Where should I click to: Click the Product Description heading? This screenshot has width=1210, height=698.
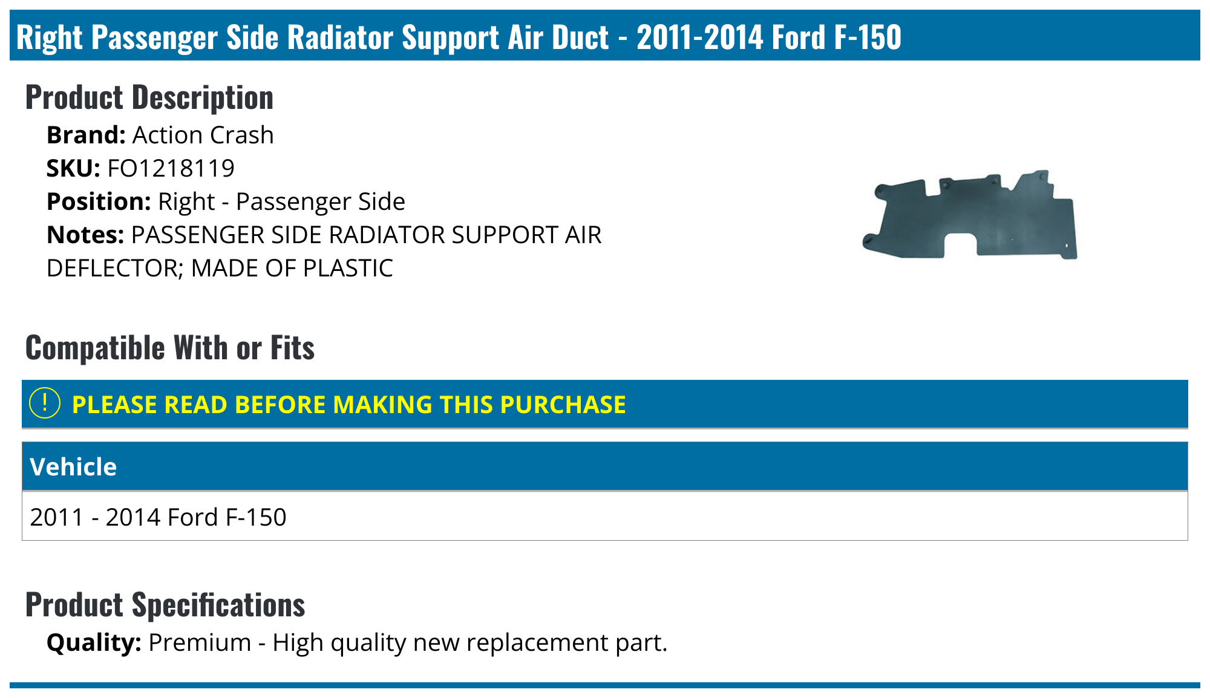click(x=149, y=97)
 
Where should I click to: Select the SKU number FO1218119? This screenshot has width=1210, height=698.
click(x=171, y=168)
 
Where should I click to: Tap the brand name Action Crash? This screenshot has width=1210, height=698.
click(x=203, y=135)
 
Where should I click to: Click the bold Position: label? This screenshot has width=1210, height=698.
click(x=99, y=201)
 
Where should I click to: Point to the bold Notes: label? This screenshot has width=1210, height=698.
click(x=85, y=235)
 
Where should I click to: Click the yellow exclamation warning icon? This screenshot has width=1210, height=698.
click(x=45, y=403)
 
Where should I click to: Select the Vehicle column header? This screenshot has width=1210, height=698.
click(x=73, y=467)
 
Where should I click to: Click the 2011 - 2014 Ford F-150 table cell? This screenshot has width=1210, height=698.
click(x=158, y=517)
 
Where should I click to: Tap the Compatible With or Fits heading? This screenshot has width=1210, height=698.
click(x=170, y=348)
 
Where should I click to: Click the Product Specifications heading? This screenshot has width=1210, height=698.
click(x=165, y=605)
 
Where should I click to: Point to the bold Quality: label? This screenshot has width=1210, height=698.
click(x=94, y=642)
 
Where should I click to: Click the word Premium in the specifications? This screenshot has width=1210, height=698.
click(x=200, y=642)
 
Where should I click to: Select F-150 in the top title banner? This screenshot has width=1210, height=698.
click(x=868, y=38)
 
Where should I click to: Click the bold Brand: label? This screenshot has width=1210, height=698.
click(x=86, y=135)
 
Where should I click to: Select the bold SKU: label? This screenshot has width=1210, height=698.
click(x=73, y=168)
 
